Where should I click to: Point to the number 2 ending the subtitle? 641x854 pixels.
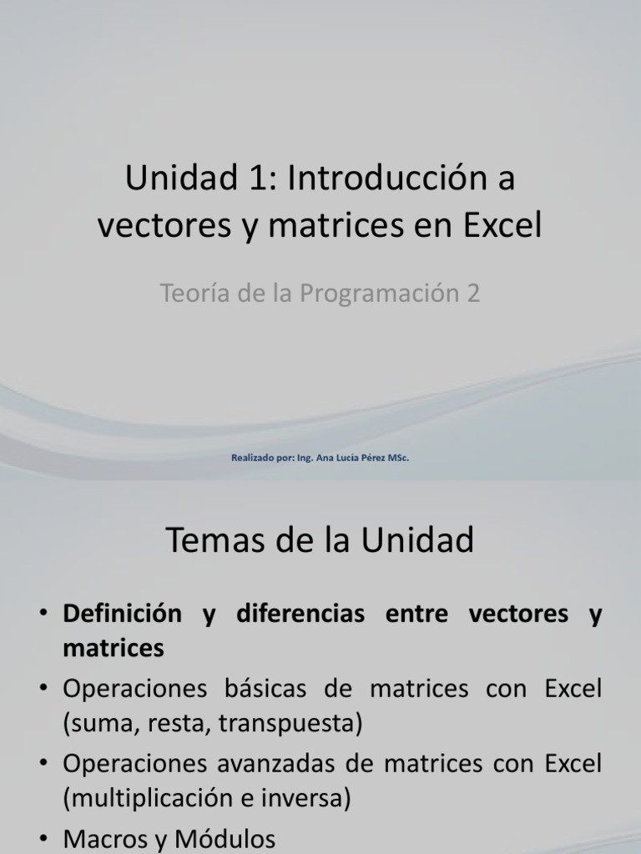tap(473, 294)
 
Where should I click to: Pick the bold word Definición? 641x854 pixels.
tap(122, 615)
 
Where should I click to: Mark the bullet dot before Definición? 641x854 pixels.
tap(43, 615)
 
